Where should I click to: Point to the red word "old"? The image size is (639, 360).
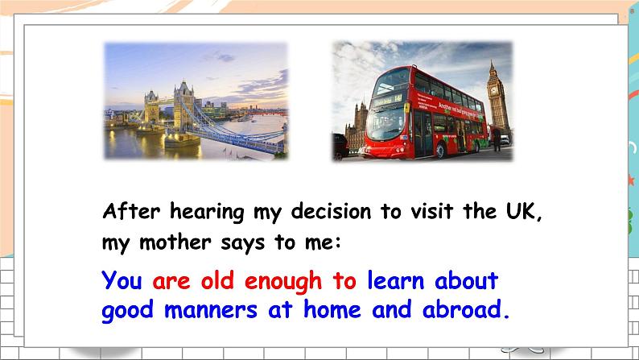coord(218,281)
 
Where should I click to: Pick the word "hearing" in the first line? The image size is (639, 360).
coord(205,212)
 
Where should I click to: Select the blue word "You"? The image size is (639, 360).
coord(122,281)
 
